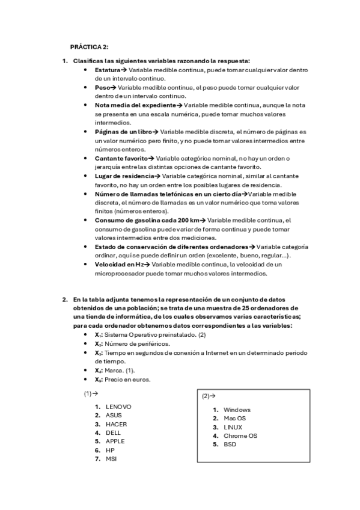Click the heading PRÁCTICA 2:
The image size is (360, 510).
(x=89, y=46)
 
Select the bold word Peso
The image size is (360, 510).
(x=102, y=87)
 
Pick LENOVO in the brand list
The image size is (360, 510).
(x=118, y=407)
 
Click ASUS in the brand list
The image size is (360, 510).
(x=114, y=415)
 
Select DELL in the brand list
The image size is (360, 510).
(x=113, y=432)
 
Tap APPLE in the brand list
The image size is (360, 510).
(x=115, y=441)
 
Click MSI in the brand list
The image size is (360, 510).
(x=111, y=458)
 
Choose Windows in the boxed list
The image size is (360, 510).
(x=237, y=410)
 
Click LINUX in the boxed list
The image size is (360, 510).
(x=233, y=427)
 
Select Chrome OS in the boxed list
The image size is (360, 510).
(x=240, y=435)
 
